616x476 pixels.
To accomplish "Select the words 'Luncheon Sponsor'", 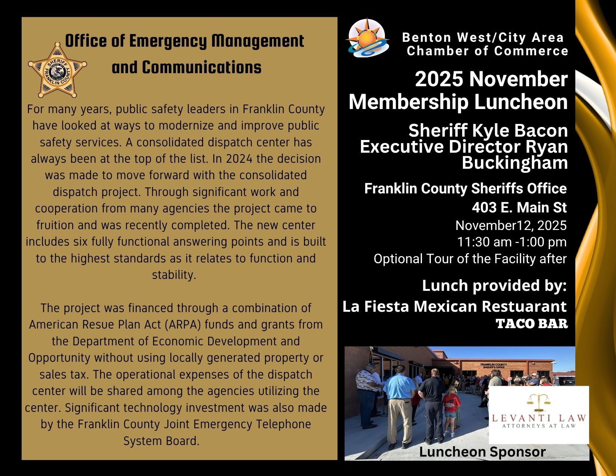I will point(482,452).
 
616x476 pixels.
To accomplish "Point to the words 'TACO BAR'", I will point(532,324).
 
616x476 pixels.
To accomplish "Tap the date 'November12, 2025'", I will point(511,225).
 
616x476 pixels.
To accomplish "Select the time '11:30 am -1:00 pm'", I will point(511,242).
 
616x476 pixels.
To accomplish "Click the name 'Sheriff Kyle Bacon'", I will point(488,131).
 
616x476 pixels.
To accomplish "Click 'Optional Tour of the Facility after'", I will point(470,259).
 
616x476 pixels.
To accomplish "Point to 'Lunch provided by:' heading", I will point(494,286).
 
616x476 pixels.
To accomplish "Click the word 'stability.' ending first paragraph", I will point(174,275).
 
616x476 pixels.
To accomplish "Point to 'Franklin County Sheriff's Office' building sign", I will point(493,365).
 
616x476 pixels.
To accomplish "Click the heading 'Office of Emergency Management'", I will point(184,41).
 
